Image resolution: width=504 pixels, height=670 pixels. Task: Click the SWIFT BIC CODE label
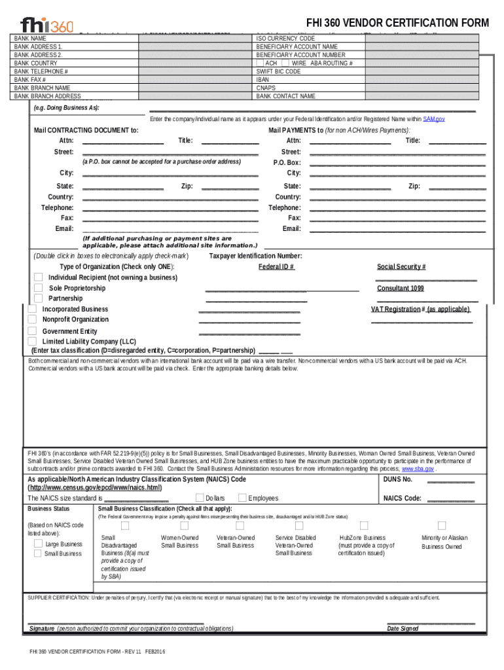tap(278, 71)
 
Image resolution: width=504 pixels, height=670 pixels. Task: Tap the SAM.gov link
tap(434, 119)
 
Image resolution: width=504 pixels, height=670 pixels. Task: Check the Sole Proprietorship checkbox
tap(39, 288)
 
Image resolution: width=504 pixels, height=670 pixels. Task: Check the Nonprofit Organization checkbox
tap(32, 319)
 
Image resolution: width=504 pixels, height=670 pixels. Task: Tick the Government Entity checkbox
tap(32, 331)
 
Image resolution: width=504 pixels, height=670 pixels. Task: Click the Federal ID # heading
tap(276, 267)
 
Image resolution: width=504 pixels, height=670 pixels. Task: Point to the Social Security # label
tap(401, 267)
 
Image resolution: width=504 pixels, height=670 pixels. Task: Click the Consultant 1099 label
tap(400, 289)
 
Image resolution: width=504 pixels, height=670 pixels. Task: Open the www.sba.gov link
tap(417, 469)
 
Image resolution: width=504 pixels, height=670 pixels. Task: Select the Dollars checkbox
tap(200, 498)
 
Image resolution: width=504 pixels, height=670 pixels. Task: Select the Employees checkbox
tap(242, 498)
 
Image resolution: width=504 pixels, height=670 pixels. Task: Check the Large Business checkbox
tap(37, 544)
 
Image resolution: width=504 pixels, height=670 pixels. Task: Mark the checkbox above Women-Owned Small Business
tap(180, 525)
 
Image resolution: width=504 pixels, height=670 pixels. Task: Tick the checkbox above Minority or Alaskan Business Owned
tap(442, 525)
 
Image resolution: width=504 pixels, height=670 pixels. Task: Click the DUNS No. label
tap(397, 479)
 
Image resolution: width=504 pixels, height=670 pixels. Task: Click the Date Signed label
tap(403, 629)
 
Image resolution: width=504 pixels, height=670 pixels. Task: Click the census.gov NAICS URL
tap(95, 488)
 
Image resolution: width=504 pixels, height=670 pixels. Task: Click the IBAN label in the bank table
tap(262, 79)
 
